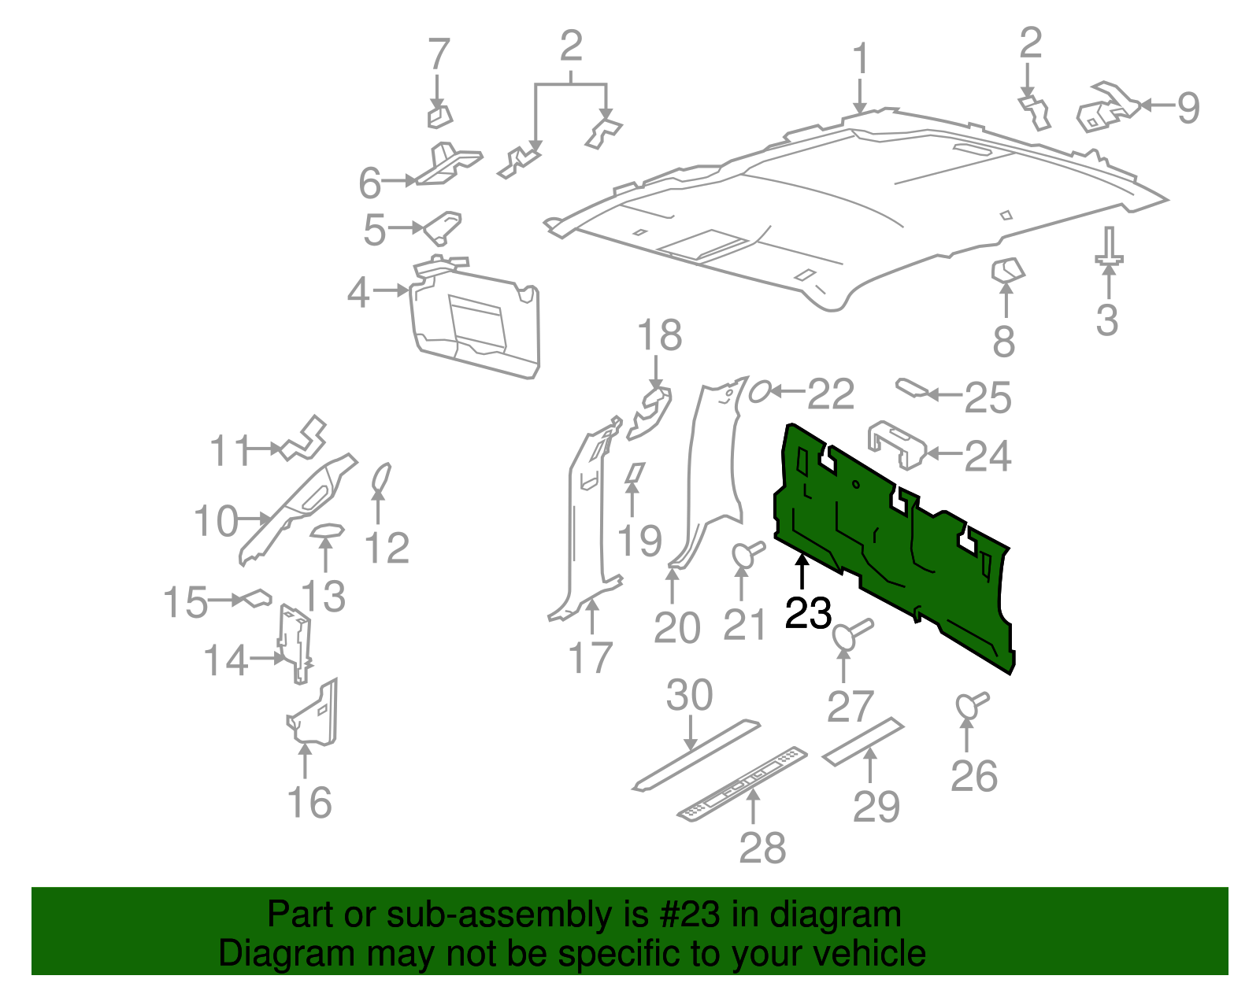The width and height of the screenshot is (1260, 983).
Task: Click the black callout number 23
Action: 808,613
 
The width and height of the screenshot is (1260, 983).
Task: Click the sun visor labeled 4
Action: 476,323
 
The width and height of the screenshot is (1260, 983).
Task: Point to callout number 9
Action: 1188,107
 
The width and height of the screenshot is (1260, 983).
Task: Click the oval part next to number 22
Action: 759,390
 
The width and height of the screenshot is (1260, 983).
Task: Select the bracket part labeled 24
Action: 896,443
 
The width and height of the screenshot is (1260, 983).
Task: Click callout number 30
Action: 689,696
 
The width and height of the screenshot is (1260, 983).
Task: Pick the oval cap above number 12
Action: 380,479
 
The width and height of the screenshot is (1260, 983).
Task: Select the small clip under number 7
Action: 439,116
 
